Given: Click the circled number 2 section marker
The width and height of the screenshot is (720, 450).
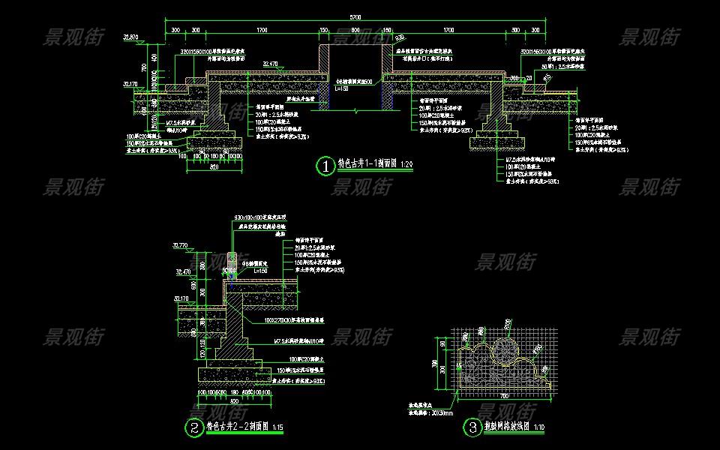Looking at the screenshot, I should [x=194, y=428].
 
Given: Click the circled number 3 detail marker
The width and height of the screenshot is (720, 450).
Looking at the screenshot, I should [x=472, y=428].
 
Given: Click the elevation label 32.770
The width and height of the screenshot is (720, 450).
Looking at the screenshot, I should [x=180, y=245].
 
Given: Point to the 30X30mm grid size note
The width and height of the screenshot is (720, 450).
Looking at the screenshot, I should [x=433, y=412].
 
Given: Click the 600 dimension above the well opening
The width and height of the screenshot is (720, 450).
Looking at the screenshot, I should [x=355, y=31].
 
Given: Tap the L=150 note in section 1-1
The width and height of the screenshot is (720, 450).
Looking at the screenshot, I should [x=343, y=88].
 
